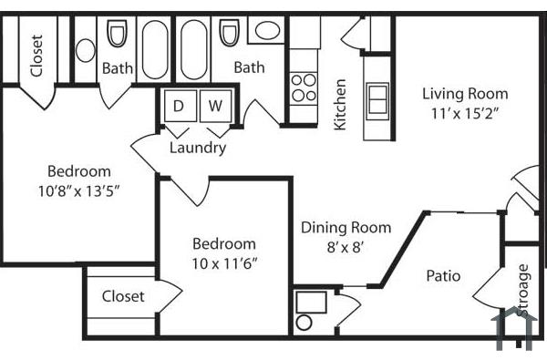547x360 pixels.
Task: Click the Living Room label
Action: pos(465,93)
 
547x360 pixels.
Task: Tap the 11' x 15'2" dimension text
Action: pos(465,113)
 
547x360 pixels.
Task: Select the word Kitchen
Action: pos(340,104)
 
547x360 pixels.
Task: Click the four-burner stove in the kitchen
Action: pos(304,87)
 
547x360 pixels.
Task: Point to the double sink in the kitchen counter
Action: pos(377,96)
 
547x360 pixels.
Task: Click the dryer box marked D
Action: pos(179,106)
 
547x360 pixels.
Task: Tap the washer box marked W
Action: pos(215,106)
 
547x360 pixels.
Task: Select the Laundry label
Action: pos(198,148)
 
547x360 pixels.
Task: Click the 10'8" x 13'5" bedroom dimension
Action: pos(79,190)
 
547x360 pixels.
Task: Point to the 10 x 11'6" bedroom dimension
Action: pos(223,263)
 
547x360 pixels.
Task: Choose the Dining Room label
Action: pos(346,228)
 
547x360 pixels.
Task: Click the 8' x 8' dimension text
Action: pos(346,247)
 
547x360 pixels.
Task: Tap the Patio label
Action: pos(443,275)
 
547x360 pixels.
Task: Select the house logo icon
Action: pos(511,328)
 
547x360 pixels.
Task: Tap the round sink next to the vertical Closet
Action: pos(86,49)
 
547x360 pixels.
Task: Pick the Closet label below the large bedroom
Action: pos(123,296)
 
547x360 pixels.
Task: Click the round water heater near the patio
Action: pos(305,322)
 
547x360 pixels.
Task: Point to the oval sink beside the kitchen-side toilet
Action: pos(267,30)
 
